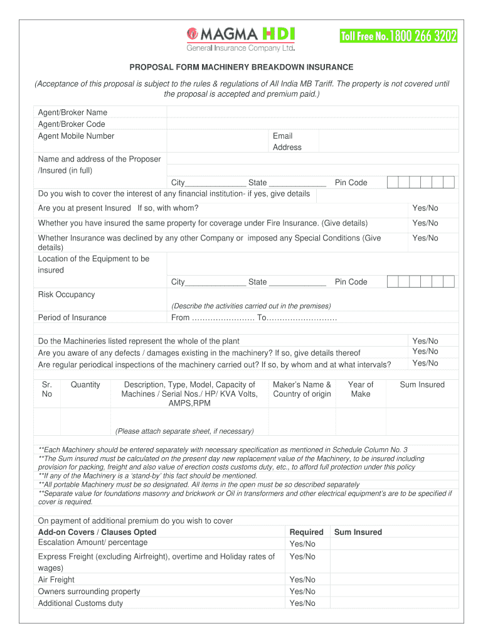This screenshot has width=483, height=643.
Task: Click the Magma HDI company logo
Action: (x=240, y=39)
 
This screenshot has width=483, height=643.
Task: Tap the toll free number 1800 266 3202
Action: (x=398, y=36)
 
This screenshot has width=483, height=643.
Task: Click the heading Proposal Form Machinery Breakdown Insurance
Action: (x=242, y=67)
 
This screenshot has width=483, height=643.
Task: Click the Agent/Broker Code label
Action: (x=72, y=124)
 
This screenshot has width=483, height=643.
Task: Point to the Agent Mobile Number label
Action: (x=76, y=136)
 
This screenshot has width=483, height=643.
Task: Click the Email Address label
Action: (x=287, y=141)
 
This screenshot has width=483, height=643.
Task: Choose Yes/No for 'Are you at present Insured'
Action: (x=425, y=208)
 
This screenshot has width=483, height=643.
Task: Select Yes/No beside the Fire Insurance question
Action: (x=425, y=224)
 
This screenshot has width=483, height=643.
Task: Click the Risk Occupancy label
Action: (x=66, y=294)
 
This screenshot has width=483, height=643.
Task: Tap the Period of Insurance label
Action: (x=72, y=318)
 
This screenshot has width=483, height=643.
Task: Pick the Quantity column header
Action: (x=85, y=385)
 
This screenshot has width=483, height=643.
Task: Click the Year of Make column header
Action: (x=361, y=389)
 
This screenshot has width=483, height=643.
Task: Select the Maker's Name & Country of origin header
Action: (x=302, y=389)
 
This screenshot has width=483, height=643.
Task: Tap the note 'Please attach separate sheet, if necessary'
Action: (x=184, y=431)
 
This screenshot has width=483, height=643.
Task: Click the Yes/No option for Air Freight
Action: (x=302, y=580)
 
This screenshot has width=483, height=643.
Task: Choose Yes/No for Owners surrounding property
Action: (x=302, y=592)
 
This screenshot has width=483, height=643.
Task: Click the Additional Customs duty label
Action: (x=80, y=603)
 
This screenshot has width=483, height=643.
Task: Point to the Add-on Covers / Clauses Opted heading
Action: (x=97, y=532)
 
